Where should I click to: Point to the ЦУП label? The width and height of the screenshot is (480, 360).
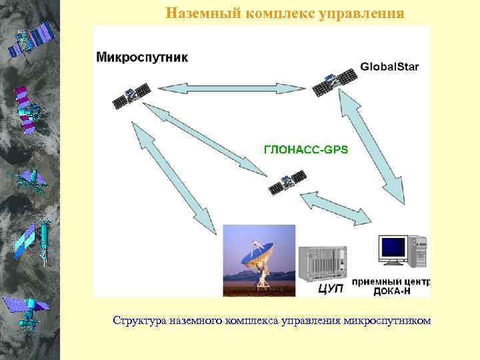331,289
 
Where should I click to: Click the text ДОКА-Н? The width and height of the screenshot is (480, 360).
391,290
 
